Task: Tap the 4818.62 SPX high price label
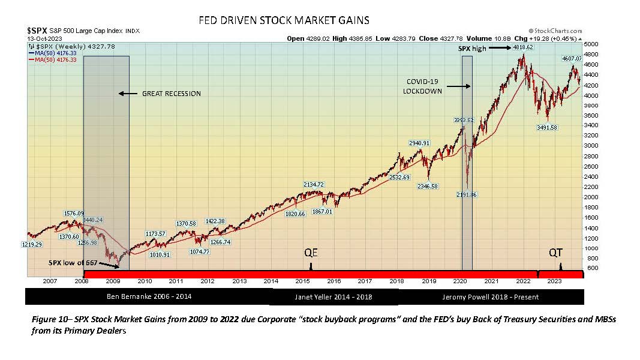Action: (521, 46)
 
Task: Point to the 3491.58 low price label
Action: (546, 127)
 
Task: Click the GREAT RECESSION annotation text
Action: (171, 94)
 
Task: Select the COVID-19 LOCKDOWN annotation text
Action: (422, 86)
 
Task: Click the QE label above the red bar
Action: (311, 253)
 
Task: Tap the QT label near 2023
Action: (556, 253)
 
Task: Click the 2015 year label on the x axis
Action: (302, 281)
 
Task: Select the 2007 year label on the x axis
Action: (50, 281)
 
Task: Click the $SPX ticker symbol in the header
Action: (37, 29)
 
